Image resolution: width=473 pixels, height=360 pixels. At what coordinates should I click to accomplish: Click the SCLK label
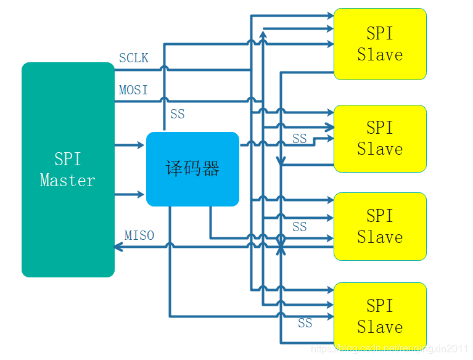tap(134, 58)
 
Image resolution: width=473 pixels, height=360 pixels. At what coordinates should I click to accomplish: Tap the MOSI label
tap(134, 90)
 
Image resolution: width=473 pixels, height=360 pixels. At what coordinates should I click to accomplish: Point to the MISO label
tap(139, 235)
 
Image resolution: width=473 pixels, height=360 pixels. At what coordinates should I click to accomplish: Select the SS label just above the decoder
tap(178, 114)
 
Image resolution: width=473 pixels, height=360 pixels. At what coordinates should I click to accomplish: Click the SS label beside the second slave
tap(300, 139)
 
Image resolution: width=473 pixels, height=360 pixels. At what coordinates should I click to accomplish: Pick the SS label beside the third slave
tap(300, 227)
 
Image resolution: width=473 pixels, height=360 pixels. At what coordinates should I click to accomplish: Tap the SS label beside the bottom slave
tap(305, 323)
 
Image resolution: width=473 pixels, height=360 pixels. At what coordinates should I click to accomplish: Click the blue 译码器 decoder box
tap(192, 169)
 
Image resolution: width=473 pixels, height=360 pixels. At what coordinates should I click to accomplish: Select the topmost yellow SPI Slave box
tap(380, 44)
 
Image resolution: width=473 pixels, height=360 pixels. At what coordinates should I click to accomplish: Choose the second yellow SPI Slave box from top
tap(380, 139)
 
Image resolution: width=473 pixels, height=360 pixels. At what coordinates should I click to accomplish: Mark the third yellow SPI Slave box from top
tap(380, 227)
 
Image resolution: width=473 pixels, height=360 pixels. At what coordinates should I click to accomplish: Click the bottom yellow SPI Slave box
tap(380, 316)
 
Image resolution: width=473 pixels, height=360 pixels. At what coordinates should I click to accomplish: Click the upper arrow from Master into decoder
tap(139, 145)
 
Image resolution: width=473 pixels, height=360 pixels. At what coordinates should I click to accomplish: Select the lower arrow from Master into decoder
tap(139, 194)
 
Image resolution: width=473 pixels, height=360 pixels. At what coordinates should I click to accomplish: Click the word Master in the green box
tap(68, 181)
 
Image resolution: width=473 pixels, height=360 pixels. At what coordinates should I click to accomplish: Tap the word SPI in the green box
tap(68, 159)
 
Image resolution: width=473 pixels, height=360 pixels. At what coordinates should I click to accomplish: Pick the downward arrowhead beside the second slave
tap(281, 162)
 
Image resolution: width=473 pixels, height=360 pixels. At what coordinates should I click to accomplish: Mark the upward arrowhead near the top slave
tap(263, 36)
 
